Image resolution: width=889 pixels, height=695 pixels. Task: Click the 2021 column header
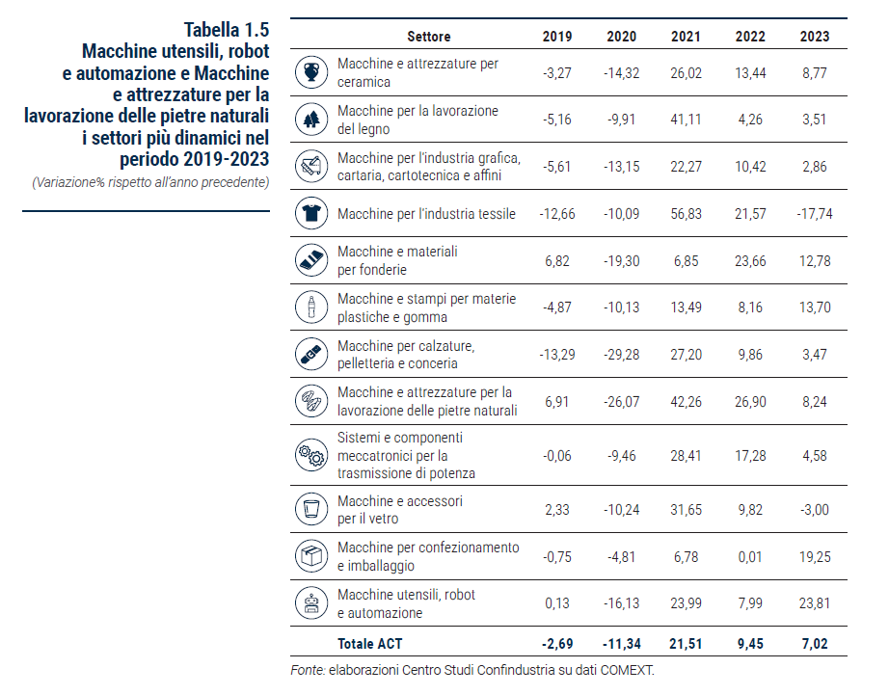point(686,37)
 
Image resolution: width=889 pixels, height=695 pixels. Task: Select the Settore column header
point(429,37)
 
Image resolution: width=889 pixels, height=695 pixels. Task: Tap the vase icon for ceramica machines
point(311,72)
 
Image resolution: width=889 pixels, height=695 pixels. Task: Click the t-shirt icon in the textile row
point(311,213)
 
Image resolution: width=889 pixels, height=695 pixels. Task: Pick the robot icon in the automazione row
point(311,603)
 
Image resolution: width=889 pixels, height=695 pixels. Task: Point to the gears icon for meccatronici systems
point(311,455)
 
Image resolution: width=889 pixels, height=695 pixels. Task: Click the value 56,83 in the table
point(686,214)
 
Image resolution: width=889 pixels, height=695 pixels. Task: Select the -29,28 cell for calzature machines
point(621,355)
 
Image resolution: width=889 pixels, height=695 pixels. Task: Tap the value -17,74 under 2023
point(815,214)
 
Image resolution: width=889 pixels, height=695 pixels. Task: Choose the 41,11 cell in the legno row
point(686,120)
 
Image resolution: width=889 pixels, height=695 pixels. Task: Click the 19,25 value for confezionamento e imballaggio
point(815,557)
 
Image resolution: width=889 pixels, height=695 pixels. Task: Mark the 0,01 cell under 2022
point(750,557)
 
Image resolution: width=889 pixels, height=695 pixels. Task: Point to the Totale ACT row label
point(369,644)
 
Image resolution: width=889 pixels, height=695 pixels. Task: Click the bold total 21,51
point(686,644)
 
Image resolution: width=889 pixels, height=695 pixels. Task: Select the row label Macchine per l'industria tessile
point(426,214)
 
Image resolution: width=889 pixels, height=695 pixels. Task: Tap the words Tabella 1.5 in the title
point(227,30)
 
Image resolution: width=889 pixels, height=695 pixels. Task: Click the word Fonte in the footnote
point(308,670)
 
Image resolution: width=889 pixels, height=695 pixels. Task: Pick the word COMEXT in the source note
point(627,670)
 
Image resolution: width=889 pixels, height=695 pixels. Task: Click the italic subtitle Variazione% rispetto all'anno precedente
point(150,182)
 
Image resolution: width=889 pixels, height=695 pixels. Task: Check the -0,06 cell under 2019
point(557,456)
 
